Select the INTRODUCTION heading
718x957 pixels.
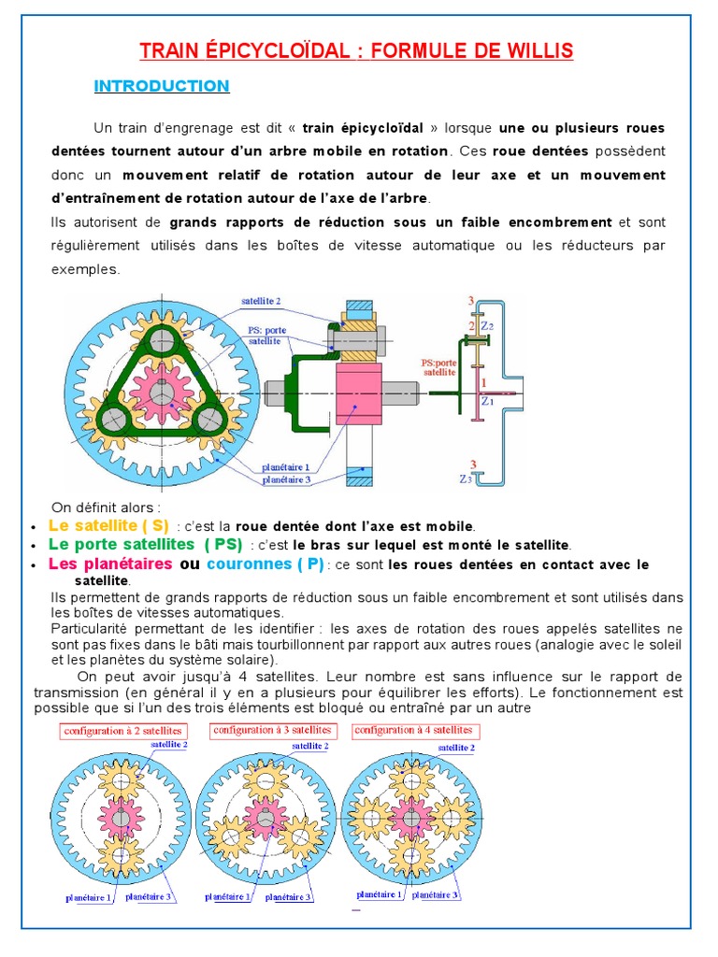162,86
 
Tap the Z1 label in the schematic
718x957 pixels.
486,401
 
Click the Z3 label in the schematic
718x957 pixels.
465,479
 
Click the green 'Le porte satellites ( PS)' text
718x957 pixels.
145,544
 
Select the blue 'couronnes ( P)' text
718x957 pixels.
265,564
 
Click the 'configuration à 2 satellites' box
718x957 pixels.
122,731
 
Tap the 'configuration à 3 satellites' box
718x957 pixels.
271,729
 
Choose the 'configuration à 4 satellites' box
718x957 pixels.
413,730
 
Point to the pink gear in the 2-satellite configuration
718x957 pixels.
120,816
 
